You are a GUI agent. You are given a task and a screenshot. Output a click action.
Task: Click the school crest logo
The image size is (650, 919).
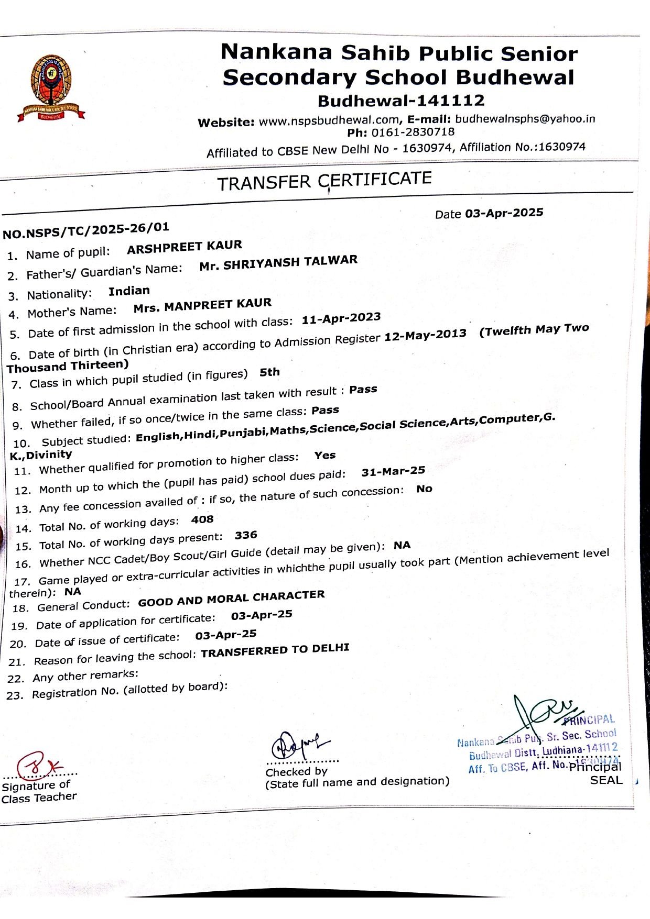click(50, 87)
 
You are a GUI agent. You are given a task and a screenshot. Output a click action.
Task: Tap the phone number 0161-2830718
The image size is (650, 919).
click(413, 132)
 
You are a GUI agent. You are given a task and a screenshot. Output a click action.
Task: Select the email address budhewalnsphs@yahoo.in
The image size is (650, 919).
click(525, 119)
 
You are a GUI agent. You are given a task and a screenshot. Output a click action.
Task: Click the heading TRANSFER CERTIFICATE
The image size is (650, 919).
click(324, 181)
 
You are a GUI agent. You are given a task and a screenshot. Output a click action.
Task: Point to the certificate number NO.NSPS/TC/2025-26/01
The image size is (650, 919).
click(86, 230)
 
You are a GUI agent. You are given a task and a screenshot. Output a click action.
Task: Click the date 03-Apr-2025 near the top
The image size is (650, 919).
click(504, 213)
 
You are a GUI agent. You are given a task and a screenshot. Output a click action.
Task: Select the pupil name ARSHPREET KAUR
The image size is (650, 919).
click(185, 247)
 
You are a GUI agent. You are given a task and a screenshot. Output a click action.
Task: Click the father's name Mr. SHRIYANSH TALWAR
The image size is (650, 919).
click(278, 263)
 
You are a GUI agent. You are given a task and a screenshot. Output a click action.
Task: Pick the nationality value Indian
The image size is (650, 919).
click(129, 291)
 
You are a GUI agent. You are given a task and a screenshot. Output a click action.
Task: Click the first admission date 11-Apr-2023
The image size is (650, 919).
click(341, 318)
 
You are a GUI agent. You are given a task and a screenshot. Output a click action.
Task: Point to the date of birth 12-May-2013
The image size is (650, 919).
click(425, 335)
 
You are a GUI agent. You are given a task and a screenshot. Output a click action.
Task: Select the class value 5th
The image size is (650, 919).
click(269, 372)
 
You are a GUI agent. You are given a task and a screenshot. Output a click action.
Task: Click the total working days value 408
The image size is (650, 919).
click(202, 519)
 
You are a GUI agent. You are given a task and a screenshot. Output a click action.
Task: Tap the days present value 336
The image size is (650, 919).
click(246, 535)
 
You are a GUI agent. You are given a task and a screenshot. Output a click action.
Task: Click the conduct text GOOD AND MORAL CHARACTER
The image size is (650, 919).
click(231, 599)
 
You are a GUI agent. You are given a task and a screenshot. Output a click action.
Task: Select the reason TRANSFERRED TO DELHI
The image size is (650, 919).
click(275, 651)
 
